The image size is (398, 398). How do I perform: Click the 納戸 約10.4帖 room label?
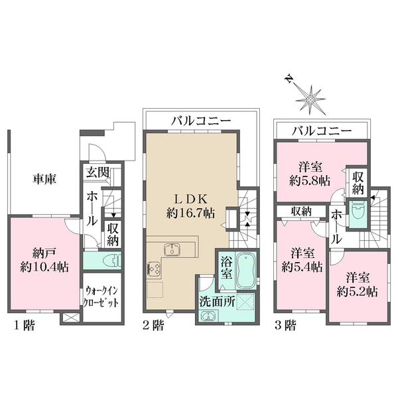coord(39,259)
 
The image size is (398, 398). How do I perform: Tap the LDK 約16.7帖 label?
coord(190,206)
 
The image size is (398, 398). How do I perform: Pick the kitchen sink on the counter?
coord(172,250)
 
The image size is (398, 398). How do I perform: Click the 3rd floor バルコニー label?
coord(322,131)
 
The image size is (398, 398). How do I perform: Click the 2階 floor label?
coord(153,325)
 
